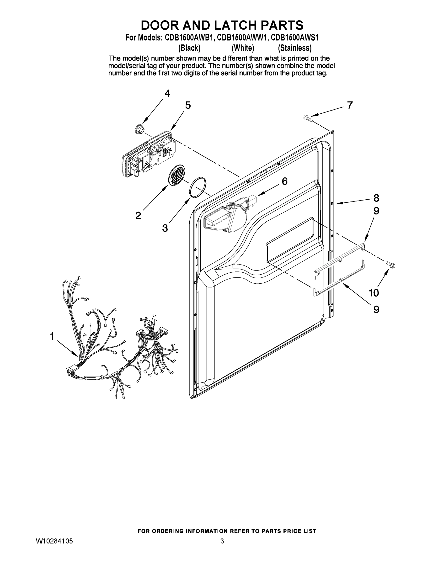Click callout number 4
pos(167,93)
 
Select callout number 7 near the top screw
pos(350,105)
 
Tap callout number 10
pos(374,293)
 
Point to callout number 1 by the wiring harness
pos(52,336)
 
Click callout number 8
pos(376,198)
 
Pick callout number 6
pos(284,181)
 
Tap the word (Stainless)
pos(295,48)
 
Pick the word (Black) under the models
pos(189,48)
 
